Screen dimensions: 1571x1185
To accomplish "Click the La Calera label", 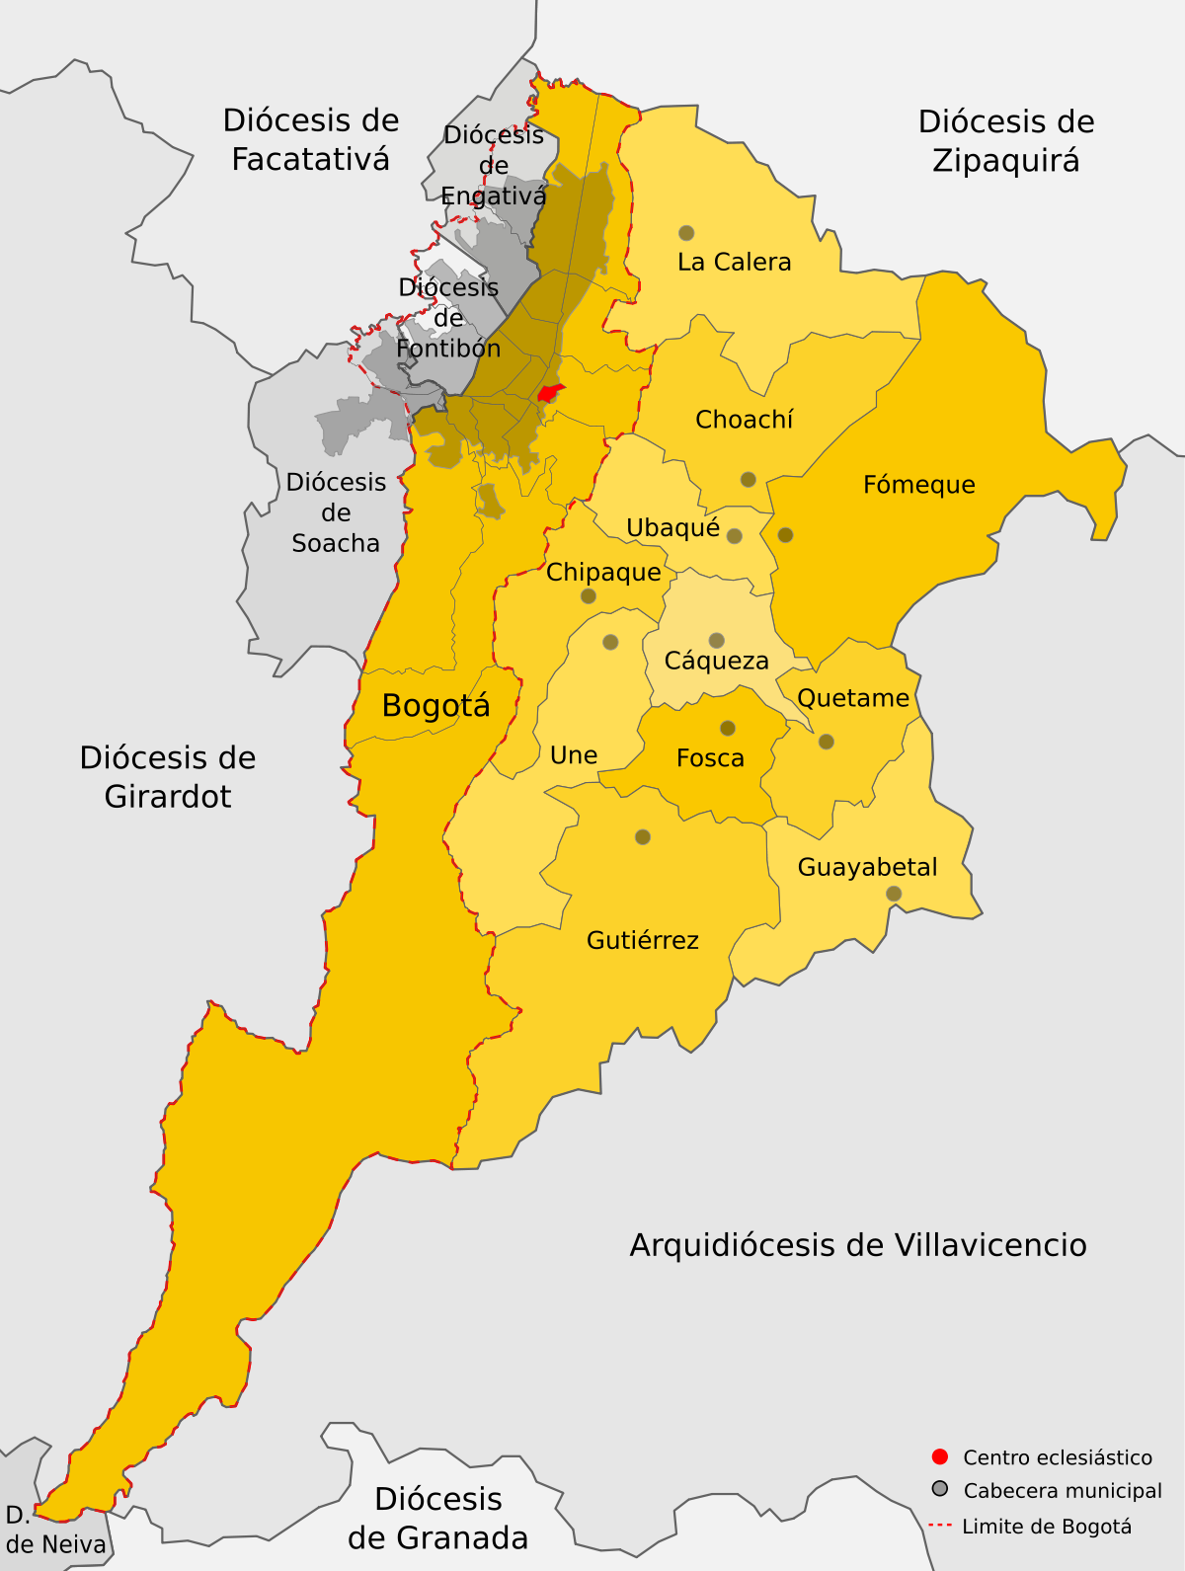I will pyautogui.click(x=734, y=263).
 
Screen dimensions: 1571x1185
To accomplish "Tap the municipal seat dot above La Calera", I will pyautogui.click(x=686, y=233).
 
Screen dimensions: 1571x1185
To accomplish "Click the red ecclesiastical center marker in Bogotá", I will pyautogui.click(x=549, y=393).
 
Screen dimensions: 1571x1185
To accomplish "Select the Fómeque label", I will pyautogui.click(x=918, y=485).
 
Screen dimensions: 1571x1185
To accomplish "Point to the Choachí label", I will pyautogui.click(x=744, y=420).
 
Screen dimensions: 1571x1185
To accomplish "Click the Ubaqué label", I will pyautogui.click(x=672, y=528).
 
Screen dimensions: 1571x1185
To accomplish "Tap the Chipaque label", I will pyautogui.click(x=603, y=573).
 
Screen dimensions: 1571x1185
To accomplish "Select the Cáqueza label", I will pyautogui.click(x=716, y=661).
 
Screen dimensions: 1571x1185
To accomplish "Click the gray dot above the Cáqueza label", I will pyautogui.click(x=717, y=640).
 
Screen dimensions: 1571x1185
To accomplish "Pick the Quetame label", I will pyautogui.click(x=853, y=698).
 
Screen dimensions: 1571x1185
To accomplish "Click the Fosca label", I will pyautogui.click(x=710, y=758).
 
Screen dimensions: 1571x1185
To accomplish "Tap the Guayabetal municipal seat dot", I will pyautogui.click(x=894, y=894).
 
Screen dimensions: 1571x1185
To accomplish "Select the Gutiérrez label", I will pyautogui.click(x=643, y=940).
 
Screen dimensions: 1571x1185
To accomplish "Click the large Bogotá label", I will pyautogui.click(x=435, y=706).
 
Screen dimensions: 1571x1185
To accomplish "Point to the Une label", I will pyautogui.click(x=574, y=755).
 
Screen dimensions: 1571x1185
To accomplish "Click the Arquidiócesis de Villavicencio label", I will pyautogui.click(x=858, y=1245).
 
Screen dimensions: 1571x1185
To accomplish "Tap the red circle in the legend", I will pyautogui.click(x=940, y=1456).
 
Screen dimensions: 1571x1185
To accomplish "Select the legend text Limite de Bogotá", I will pyautogui.click(x=1047, y=1527).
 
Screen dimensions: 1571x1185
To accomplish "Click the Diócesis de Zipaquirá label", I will pyautogui.click(x=1006, y=141).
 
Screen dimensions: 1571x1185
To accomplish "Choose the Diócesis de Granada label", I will pyautogui.click(x=438, y=1519).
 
